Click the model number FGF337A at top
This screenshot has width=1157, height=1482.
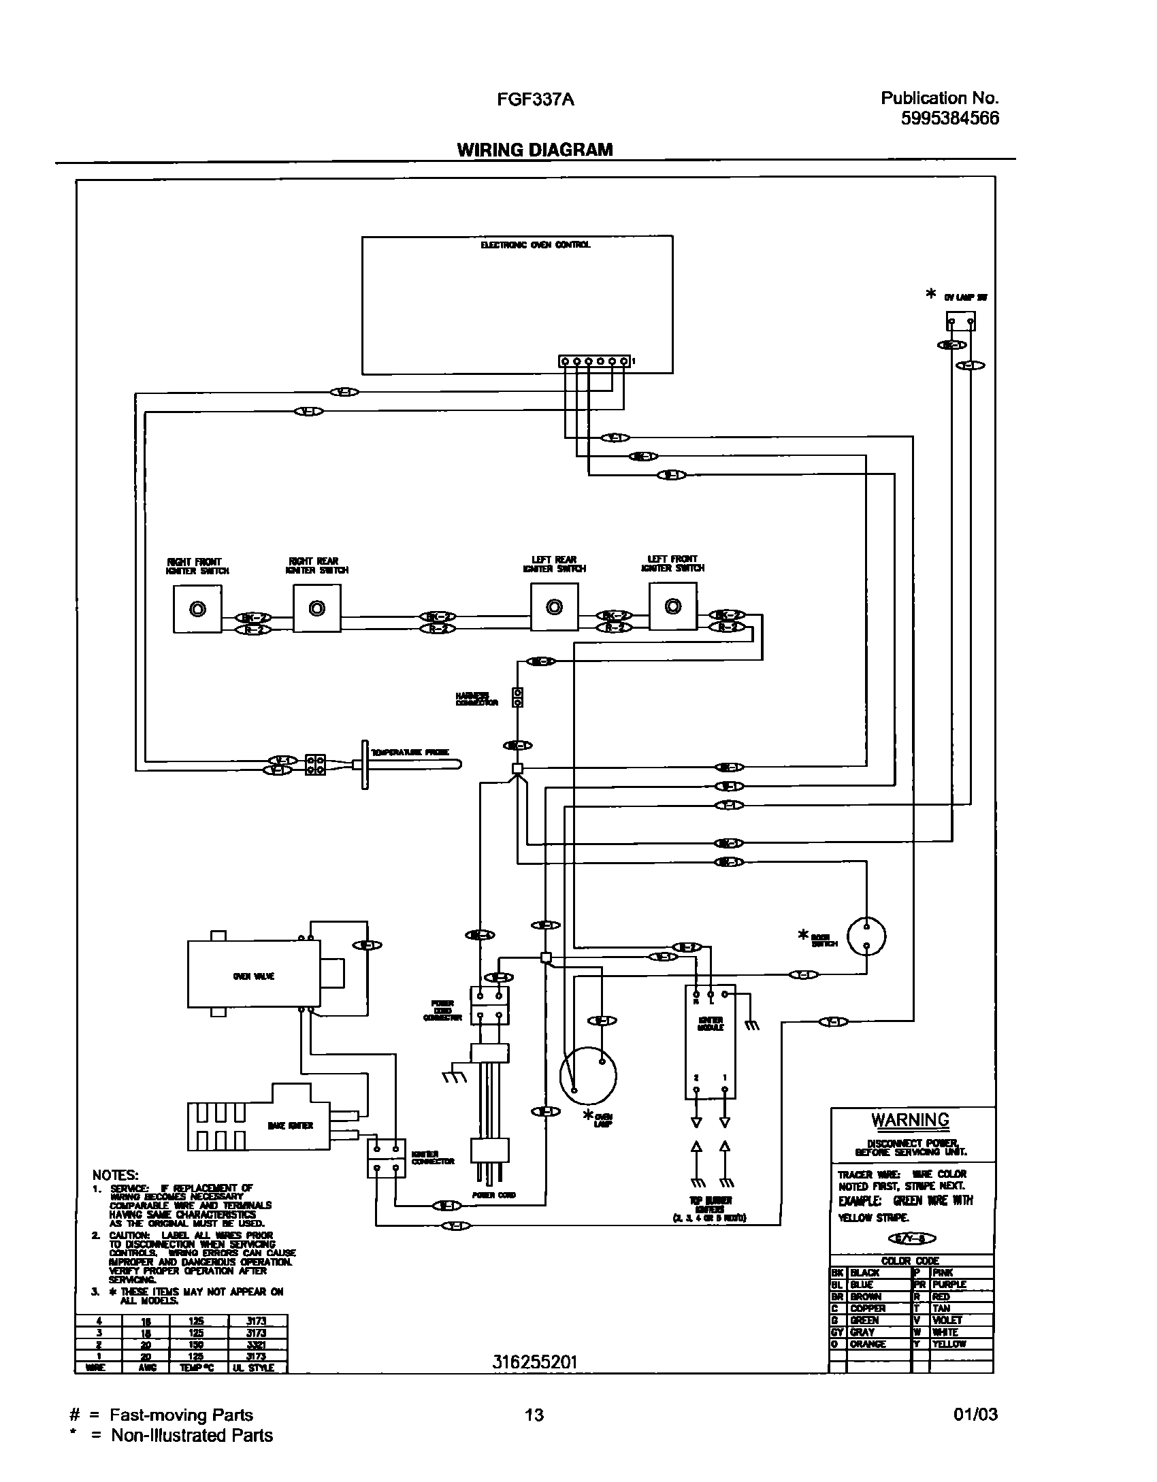[534, 100]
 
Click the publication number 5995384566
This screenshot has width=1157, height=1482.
[950, 118]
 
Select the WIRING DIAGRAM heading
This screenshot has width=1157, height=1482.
[534, 150]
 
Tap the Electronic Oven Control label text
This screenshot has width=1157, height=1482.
[536, 245]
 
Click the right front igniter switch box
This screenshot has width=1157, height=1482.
[197, 609]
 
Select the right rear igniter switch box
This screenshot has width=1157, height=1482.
[316, 608]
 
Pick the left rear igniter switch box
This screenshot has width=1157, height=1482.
[554, 607]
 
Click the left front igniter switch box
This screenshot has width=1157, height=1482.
[672, 606]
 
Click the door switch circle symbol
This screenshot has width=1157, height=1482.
[866, 937]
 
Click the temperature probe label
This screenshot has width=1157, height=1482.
[409, 753]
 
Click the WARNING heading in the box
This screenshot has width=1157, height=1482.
[910, 1119]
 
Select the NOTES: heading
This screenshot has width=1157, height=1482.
[116, 1175]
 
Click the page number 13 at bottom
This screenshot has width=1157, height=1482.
[534, 1415]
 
